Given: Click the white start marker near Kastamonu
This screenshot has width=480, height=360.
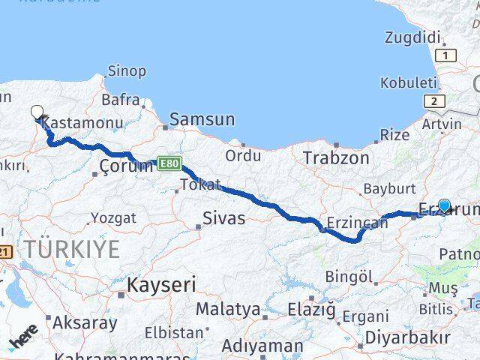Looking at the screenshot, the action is coord(37,112).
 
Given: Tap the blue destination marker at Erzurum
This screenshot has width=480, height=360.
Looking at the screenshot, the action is coord(444,205).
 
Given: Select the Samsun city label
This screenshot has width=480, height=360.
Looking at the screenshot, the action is coord(202,119).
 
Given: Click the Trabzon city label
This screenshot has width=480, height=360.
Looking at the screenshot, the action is coord(336,158).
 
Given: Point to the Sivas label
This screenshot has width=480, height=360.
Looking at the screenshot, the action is coord(224,219).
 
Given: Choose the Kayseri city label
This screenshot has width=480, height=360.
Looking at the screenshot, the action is coord(161,285).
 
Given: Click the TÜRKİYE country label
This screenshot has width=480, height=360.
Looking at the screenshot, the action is coord(70,249).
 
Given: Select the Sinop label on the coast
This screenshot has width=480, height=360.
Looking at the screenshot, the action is coord(127,71).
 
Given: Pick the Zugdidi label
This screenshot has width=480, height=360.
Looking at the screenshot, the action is coord(412,37).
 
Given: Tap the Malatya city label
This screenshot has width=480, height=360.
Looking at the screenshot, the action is coord(228,309).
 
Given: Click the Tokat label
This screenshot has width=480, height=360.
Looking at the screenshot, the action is coord(200,184).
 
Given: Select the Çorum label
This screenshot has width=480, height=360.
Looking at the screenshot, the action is coord(125,166).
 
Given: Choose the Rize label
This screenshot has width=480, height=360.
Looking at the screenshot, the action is coord(395,135).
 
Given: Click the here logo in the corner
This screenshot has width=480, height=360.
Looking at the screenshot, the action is coord(22,341).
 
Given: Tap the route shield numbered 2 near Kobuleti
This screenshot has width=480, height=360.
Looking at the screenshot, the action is coord(433,101).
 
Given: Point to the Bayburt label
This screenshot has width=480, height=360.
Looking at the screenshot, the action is coord(388,188).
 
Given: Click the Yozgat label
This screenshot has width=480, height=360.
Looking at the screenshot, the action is coord(113,218).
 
